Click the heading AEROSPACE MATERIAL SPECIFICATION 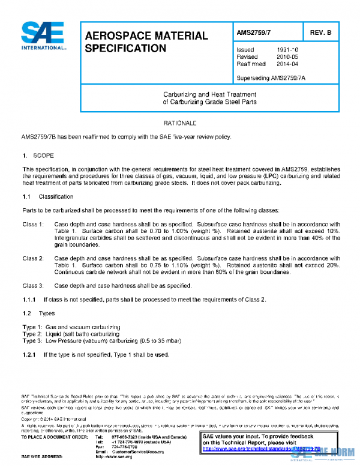pos(146,41)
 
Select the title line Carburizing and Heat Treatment pos(209,95)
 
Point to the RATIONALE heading pos(180,123)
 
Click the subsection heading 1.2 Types pos(38,313)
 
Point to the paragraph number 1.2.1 pos(30,354)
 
